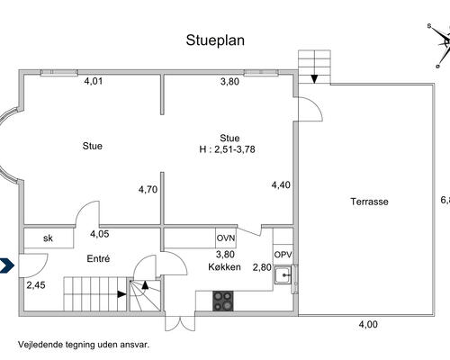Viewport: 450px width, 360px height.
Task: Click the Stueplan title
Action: click(215, 40)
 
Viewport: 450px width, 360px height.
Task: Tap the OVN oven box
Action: click(226, 238)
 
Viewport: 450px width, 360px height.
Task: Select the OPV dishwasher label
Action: click(283, 255)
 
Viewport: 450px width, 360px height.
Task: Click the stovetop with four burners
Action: click(223, 301)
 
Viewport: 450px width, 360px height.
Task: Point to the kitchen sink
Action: click(283, 274)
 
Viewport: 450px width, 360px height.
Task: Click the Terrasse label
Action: click(369, 202)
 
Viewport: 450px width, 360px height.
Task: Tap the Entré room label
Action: click(98, 258)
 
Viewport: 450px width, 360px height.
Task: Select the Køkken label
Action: click(224, 266)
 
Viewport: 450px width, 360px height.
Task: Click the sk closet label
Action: click(48, 238)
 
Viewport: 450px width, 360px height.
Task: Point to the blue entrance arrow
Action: click(7, 265)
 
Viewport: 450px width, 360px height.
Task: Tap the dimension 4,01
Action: click(94, 81)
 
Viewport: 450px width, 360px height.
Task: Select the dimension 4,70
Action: click(148, 190)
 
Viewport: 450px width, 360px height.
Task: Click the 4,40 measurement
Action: click(281, 184)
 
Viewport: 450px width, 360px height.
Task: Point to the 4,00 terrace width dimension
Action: click(368, 324)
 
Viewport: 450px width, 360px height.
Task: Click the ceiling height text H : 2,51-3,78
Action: click(227, 149)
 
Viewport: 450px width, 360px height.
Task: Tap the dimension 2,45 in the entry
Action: click(36, 285)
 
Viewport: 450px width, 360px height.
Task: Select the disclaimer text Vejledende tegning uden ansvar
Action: click(84, 345)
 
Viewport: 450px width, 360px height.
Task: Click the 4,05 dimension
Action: click(100, 234)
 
